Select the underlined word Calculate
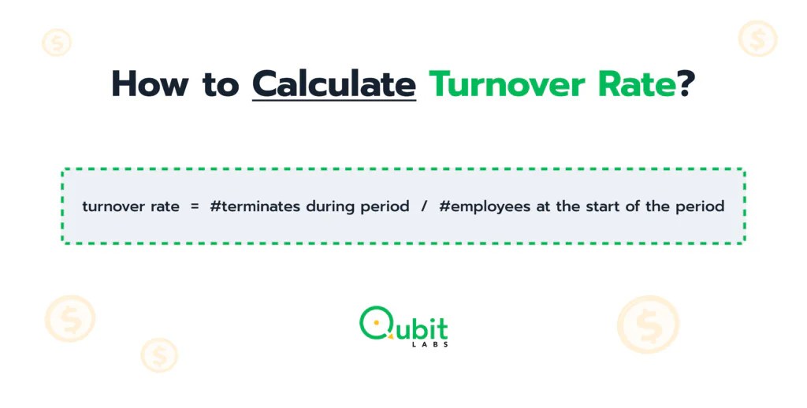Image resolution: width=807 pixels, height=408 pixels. point(333,83)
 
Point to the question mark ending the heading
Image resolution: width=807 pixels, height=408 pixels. point(686,83)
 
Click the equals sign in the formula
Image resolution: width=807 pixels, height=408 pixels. point(195,207)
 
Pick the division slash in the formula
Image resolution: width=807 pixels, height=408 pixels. point(424,207)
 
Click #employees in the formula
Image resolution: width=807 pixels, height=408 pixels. point(479,207)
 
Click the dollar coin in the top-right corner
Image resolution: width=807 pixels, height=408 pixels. point(757,38)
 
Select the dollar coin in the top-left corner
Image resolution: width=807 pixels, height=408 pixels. point(56,42)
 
